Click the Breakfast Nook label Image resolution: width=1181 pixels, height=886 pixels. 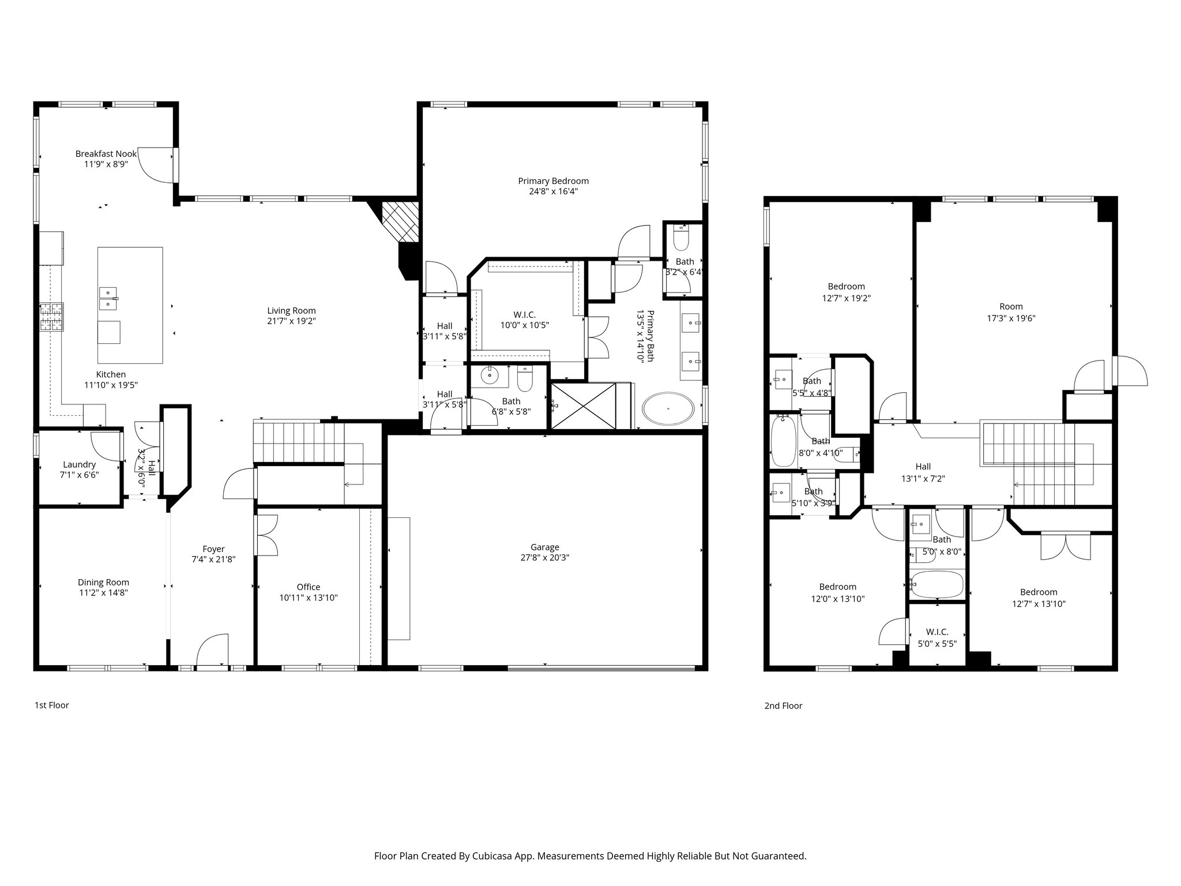click(x=106, y=153)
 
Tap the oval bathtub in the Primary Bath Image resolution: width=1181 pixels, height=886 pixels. click(x=668, y=409)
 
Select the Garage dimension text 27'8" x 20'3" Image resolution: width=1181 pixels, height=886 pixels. click(x=544, y=558)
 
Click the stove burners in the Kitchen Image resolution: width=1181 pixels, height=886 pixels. click(x=51, y=317)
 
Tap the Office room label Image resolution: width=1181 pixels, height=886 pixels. click(x=309, y=587)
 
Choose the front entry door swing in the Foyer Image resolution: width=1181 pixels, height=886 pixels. click(x=212, y=651)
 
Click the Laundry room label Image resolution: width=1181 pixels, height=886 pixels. click(x=79, y=464)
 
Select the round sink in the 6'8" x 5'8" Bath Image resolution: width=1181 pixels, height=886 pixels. click(x=490, y=376)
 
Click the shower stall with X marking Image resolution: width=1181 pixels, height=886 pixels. click(x=584, y=406)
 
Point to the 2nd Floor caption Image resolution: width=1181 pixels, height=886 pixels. click(x=783, y=705)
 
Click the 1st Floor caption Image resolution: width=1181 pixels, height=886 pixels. click(x=51, y=705)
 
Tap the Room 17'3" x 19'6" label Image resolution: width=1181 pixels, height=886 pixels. click(x=1011, y=307)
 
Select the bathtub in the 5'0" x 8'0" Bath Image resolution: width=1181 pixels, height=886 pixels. click(x=936, y=584)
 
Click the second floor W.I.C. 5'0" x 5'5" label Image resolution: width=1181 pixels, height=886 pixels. click(x=937, y=632)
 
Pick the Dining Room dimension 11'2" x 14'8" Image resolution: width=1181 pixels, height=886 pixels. click(x=103, y=592)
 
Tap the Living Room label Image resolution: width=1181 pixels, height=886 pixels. click(x=291, y=310)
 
